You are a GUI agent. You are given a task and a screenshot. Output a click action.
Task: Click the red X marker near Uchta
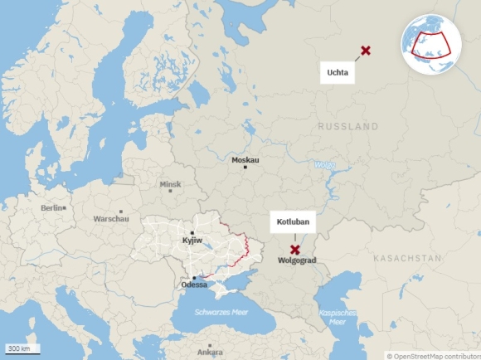tap(366, 51)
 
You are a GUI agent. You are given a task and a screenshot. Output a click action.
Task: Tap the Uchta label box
tap(338, 73)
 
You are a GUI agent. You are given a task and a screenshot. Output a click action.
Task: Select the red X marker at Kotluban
tap(294, 249)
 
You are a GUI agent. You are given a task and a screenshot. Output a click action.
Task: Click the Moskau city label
tap(245, 159)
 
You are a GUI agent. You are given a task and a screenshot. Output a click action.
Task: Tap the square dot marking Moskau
tap(245, 168)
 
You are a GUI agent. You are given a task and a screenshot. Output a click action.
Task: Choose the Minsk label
tap(170, 184)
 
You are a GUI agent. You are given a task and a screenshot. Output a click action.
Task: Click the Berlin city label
tap(51, 208)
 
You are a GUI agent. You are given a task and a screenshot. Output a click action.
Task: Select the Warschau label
tap(111, 220)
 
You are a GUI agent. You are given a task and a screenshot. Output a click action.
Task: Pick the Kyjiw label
tap(192, 241)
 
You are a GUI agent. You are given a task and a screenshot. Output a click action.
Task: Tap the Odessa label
tap(194, 285)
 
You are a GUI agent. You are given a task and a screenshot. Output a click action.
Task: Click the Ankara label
tap(210, 352)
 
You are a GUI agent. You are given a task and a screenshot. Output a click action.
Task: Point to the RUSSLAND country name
tap(347, 127)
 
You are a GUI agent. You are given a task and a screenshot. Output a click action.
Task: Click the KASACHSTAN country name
tap(407, 259)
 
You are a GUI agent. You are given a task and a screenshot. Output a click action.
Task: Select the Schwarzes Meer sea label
tap(221, 312)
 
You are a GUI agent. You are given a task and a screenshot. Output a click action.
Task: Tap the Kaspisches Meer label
tap(338, 317)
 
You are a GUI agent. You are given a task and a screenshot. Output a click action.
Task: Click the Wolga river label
tap(323, 164)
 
